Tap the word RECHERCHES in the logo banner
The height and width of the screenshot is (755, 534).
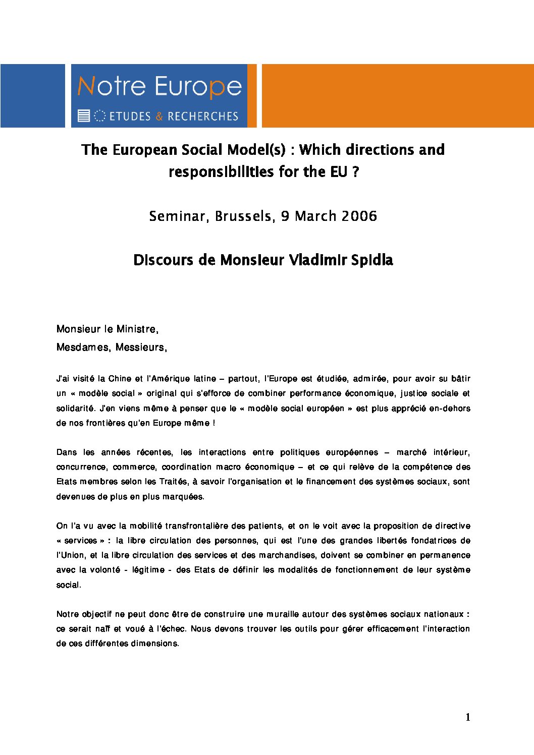pyautogui.click(x=202, y=117)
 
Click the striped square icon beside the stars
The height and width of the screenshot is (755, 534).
pyautogui.click(x=84, y=116)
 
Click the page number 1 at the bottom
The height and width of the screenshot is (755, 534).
pyautogui.click(x=468, y=717)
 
